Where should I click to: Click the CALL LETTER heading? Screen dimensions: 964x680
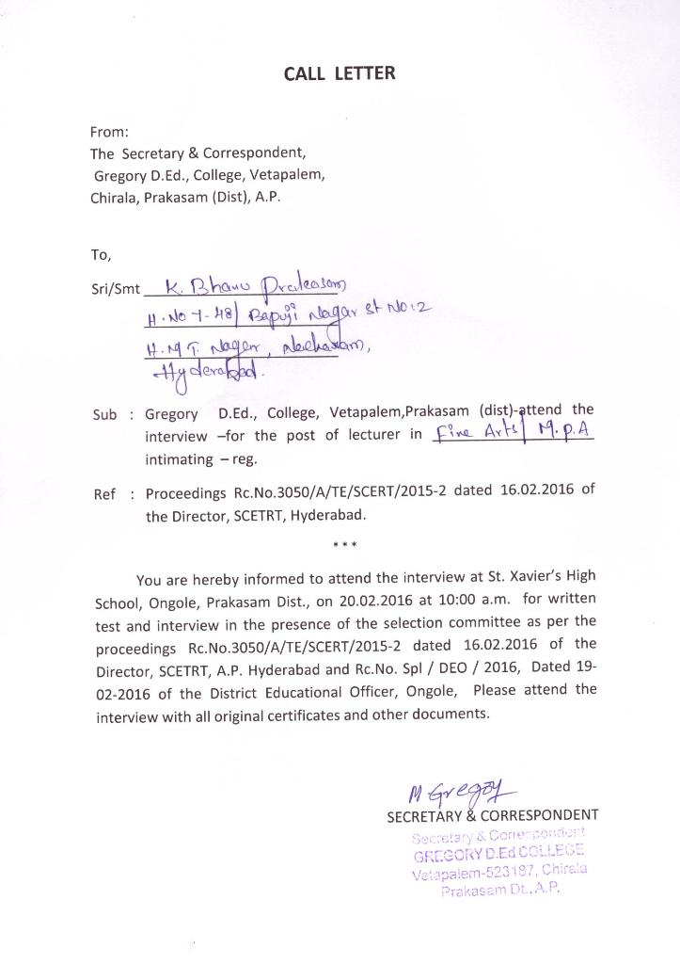[x=340, y=73]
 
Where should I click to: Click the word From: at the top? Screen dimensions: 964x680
[x=109, y=133]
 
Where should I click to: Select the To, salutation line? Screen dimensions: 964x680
[x=101, y=254]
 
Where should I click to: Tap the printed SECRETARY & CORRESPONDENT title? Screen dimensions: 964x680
[x=493, y=815]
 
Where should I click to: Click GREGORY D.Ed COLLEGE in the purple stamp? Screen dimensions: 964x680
[x=498, y=855]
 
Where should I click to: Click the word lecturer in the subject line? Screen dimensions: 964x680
[x=357, y=437]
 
